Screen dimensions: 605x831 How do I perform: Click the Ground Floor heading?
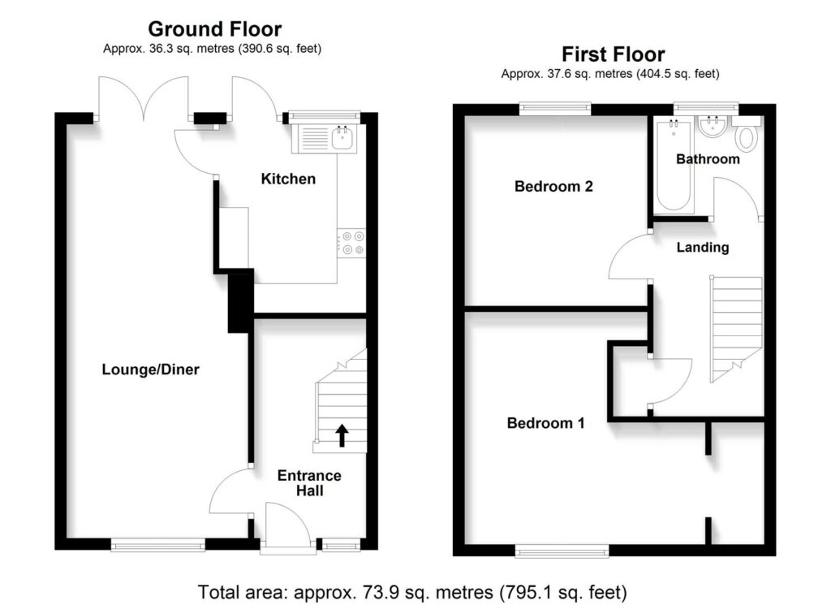[x=214, y=30]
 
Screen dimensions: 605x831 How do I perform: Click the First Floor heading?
[x=613, y=54]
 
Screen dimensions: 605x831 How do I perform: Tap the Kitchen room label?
[x=287, y=179]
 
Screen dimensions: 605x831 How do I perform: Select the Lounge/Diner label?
[x=150, y=369]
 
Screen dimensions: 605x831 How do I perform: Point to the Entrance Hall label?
[x=309, y=483]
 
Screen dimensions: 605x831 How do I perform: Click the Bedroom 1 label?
[x=545, y=423]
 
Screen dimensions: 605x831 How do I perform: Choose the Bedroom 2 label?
[x=553, y=187]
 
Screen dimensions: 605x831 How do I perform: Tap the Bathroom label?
[x=708, y=159]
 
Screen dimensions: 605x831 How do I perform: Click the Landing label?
[x=703, y=248]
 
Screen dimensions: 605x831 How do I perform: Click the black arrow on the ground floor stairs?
[x=342, y=435]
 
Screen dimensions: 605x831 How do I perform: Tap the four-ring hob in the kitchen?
[x=352, y=243]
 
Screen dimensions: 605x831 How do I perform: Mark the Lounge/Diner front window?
[x=158, y=546]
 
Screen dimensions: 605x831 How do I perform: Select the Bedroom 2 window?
[x=555, y=106]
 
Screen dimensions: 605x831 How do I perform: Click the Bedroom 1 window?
[x=561, y=552]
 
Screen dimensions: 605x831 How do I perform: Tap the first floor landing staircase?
[x=737, y=325]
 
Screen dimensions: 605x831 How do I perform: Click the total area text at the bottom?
[x=412, y=590]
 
